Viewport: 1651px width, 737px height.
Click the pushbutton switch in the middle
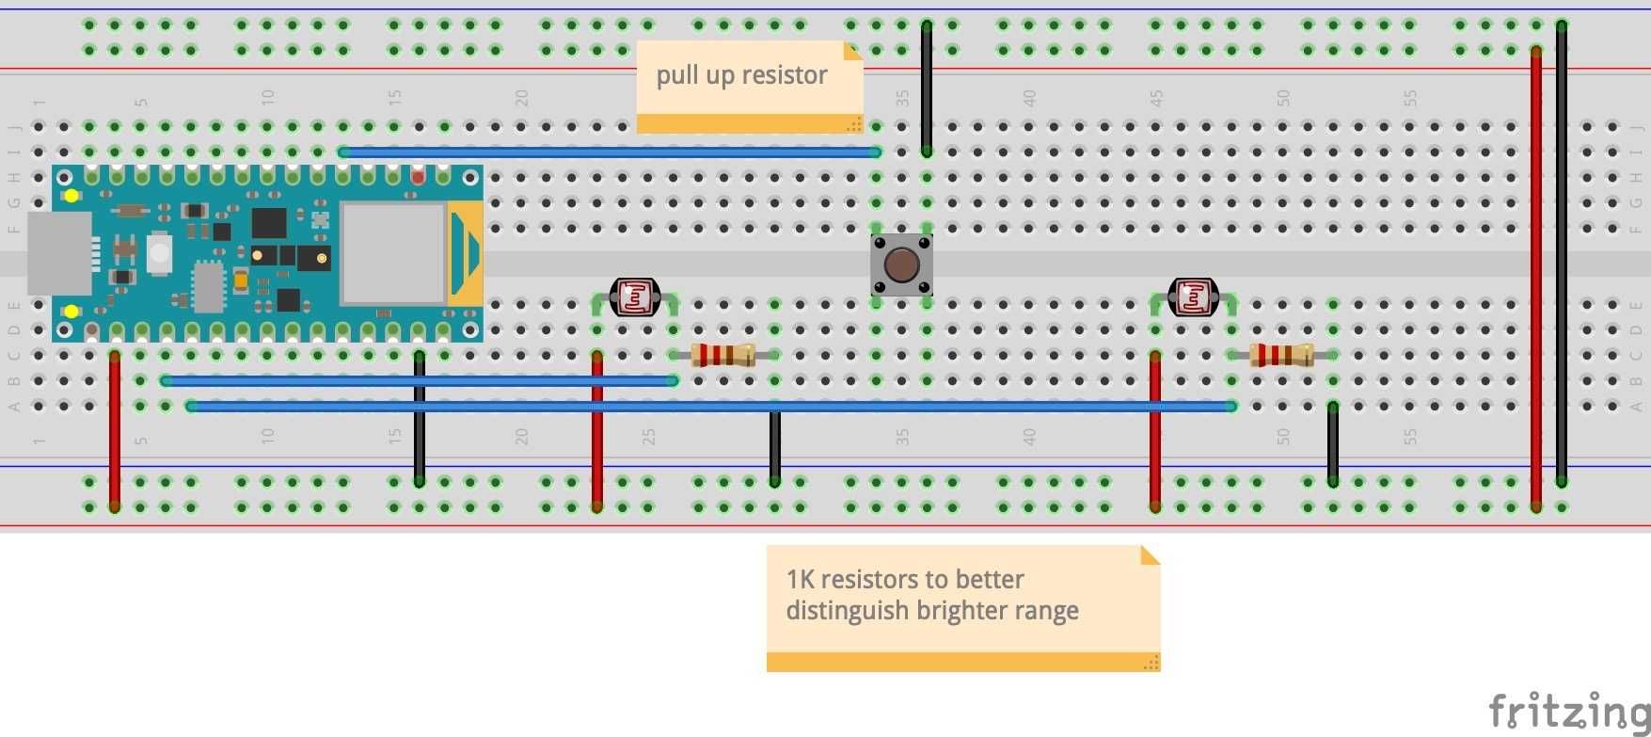tap(901, 264)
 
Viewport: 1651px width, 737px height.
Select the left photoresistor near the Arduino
tap(634, 297)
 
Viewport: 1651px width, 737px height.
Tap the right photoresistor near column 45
tap(1192, 297)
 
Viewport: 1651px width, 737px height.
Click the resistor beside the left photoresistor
tap(722, 355)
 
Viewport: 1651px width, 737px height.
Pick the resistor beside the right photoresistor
tap(1280, 355)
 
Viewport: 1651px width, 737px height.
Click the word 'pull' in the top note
tap(675, 75)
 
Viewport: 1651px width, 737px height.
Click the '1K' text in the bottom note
tap(801, 579)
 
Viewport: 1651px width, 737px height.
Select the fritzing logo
tap(1568, 711)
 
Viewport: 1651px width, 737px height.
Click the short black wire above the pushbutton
tap(927, 89)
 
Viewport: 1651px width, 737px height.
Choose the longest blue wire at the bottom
tap(711, 407)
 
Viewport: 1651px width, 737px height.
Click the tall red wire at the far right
tap(1535, 282)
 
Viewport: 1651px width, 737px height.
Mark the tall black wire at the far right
tap(1562, 254)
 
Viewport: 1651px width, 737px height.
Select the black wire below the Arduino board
tap(420, 419)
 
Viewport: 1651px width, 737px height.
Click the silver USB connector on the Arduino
tap(59, 253)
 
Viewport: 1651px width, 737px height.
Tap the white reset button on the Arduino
tap(160, 252)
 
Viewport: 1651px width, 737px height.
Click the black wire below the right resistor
tap(1332, 444)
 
